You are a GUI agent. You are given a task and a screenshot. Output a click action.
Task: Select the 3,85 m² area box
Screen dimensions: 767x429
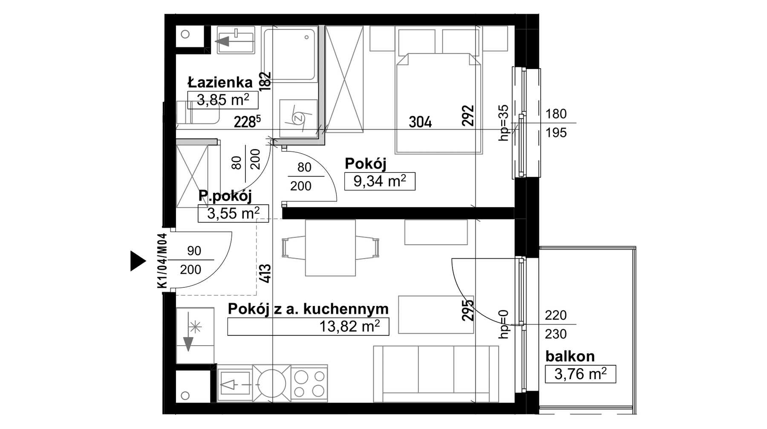pos(223,100)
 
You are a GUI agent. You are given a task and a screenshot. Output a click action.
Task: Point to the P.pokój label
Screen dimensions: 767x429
pos(225,196)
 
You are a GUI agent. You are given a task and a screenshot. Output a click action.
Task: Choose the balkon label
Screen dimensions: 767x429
pos(570,356)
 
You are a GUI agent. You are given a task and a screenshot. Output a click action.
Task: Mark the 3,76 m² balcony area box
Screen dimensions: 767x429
pos(580,374)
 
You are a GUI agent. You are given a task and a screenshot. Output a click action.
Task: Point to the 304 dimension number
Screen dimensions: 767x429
pos(420,123)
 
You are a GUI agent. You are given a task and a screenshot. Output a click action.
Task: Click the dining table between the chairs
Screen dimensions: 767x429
pos(330,248)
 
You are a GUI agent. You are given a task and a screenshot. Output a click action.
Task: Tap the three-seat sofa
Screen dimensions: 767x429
pos(436,374)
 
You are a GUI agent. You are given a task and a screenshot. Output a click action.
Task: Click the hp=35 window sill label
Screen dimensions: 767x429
pos(504,123)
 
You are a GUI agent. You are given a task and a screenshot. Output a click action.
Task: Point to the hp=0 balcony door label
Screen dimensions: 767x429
pos(504,324)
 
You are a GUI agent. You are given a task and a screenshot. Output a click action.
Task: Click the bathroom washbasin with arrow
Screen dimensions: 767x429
pos(236,40)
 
